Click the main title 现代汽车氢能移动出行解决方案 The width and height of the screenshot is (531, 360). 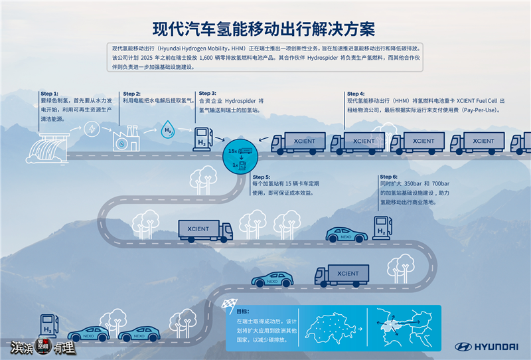[265, 30]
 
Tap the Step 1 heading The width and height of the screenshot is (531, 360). [50, 94]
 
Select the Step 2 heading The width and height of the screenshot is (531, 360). [131, 94]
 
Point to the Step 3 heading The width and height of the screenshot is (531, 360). [208, 94]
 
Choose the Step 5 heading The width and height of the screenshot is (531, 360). [261, 177]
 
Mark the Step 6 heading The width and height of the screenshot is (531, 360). [389, 177]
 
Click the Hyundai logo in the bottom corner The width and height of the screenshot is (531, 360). [487, 346]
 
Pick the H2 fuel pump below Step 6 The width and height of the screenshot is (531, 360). [382, 226]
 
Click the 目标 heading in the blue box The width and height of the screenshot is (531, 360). [243, 311]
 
